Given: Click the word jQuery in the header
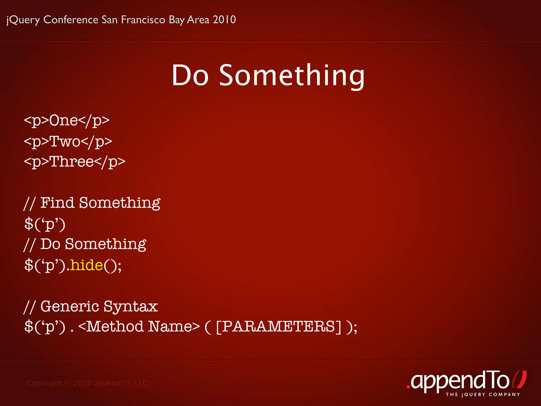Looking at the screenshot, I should [23, 20].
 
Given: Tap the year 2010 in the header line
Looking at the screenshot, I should [224, 20].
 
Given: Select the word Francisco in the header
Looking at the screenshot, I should [143, 20].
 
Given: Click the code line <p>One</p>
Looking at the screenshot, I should [67, 121].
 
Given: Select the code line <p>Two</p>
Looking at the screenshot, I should [68, 141].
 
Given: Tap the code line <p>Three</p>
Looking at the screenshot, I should [74, 162].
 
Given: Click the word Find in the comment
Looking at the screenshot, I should [57, 203].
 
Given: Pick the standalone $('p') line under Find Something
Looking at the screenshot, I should [45, 224].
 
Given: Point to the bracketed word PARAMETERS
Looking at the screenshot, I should [279, 326].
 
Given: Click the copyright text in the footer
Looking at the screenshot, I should [88, 383].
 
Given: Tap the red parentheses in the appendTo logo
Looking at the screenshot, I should [519, 380].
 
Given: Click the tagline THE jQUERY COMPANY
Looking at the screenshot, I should [483, 395].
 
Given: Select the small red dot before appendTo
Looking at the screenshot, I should [408, 387].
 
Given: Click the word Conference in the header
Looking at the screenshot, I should [71, 20].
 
